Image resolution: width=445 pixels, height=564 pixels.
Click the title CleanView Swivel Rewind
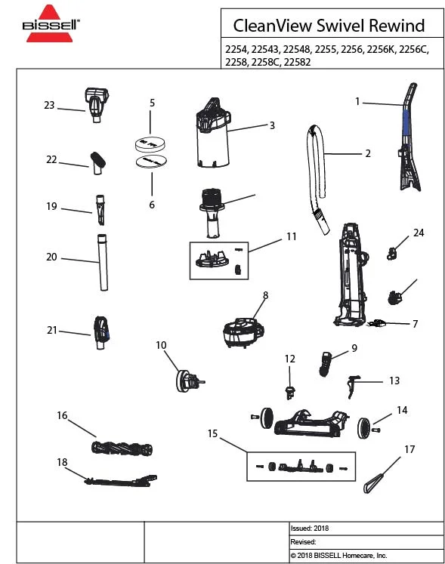point(329,25)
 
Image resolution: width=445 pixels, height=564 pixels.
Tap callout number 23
point(49,106)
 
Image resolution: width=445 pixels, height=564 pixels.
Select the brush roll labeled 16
point(122,446)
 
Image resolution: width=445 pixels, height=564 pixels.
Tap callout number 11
point(291,236)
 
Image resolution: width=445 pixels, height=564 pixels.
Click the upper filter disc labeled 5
point(149,142)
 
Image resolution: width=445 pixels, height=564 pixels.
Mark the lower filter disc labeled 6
point(149,161)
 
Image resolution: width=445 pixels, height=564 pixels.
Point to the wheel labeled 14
point(365,427)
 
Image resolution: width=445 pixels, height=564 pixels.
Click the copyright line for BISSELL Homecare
point(338,555)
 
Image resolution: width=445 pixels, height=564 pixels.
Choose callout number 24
point(418,233)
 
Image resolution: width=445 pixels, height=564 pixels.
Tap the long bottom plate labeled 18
point(121,479)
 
